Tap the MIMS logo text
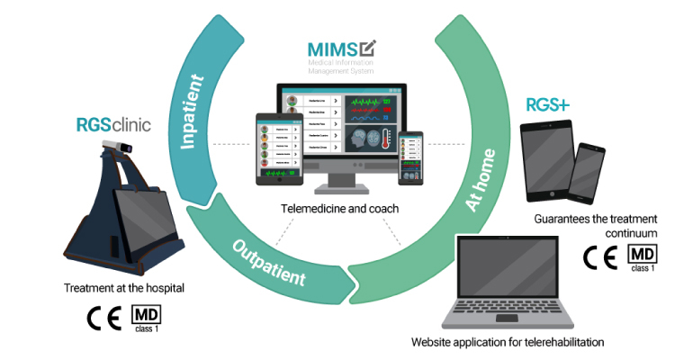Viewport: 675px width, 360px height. click(x=328, y=50)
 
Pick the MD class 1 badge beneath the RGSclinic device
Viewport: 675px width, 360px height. click(x=147, y=319)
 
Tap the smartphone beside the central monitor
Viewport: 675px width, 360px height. click(x=410, y=158)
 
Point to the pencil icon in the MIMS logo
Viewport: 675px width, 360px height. click(x=367, y=49)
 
